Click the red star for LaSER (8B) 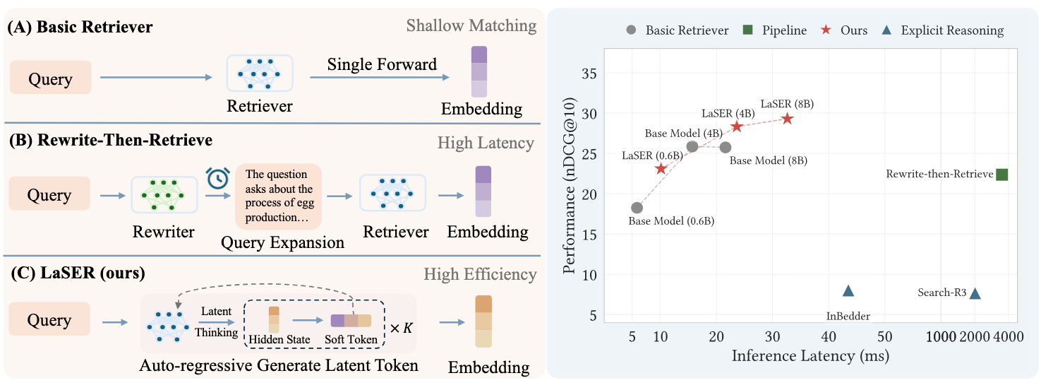click(x=788, y=119)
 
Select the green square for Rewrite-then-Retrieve click(x=1001, y=175)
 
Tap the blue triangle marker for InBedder click(x=848, y=291)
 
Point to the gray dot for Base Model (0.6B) click(x=637, y=208)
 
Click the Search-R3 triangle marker click(x=975, y=293)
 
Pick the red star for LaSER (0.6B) click(x=661, y=168)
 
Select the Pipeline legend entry click(x=775, y=30)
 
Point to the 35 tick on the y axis click(x=589, y=73)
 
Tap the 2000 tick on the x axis click(x=974, y=337)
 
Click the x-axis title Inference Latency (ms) click(x=810, y=355)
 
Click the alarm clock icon click(x=217, y=178)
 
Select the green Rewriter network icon click(x=164, y=194)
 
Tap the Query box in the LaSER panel click(x=49, y=319)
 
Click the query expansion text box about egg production click(x=278, y=196)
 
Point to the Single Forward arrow click(x=380, y=77)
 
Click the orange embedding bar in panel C click(x=483, y=321)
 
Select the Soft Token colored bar click(x=351, y=320)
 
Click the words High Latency click(x=486, y=143)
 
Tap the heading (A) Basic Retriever click(x=80, y=27)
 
